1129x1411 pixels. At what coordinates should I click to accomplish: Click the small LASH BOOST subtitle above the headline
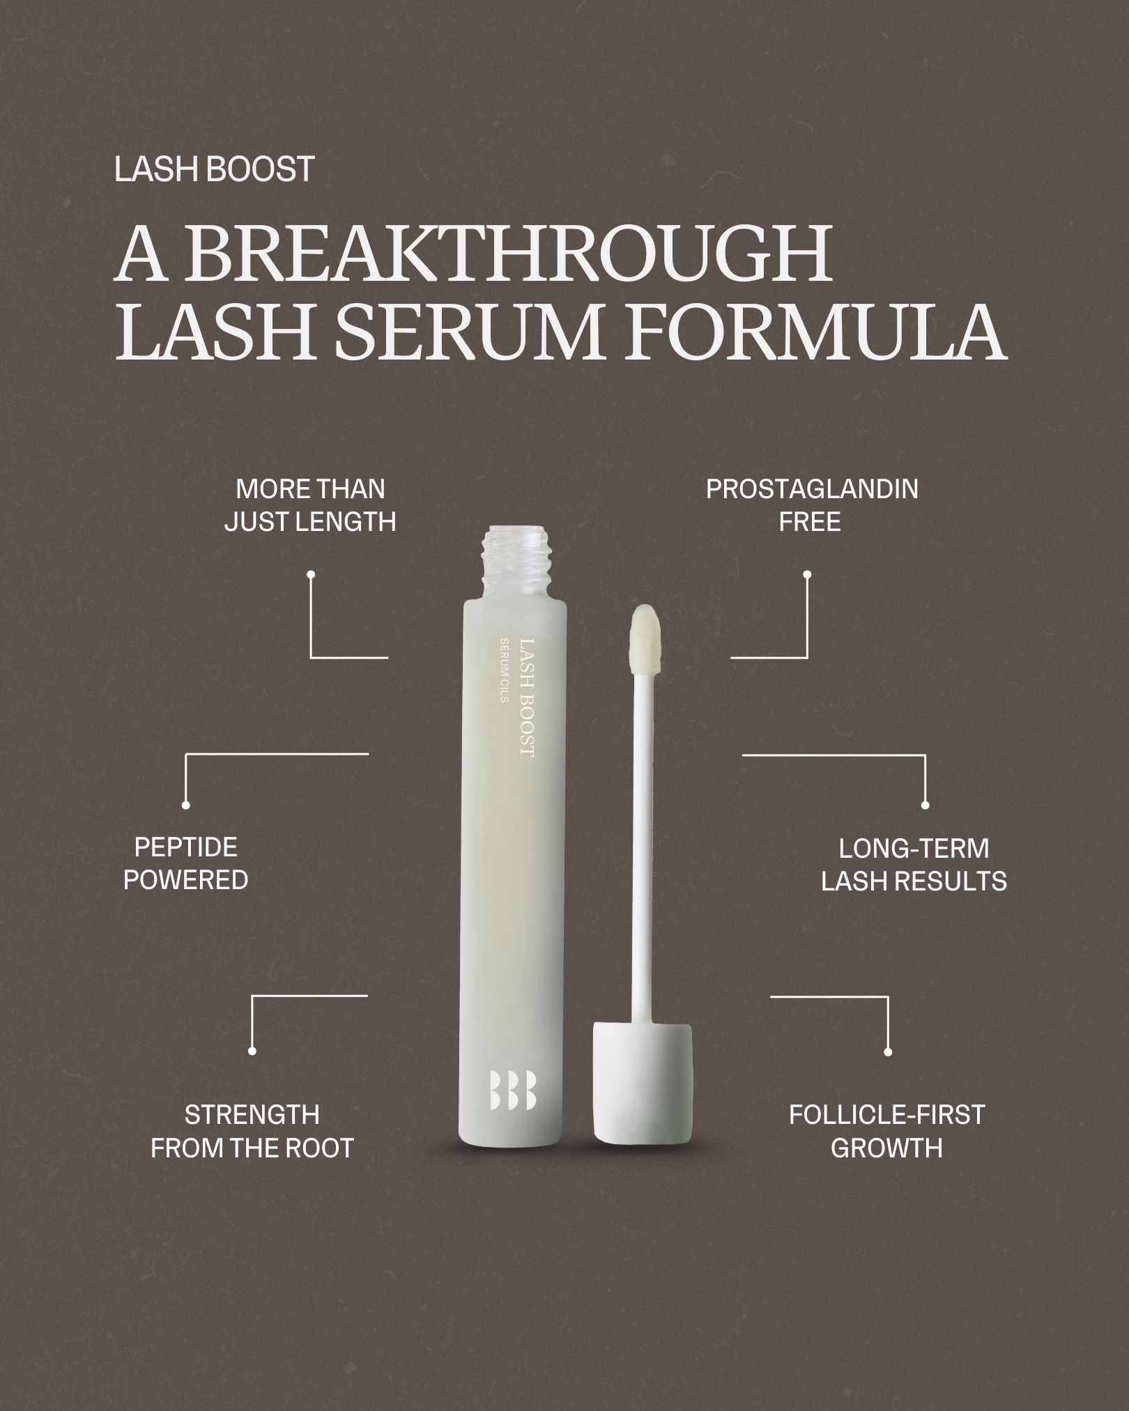point(215,170)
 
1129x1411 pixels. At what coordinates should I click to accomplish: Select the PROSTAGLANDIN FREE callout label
point(812,505)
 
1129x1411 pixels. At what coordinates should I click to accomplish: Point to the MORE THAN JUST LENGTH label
point(310,505)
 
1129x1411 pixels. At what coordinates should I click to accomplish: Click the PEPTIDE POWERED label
point(186,863)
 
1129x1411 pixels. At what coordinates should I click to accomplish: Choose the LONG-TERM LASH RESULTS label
point(914,865)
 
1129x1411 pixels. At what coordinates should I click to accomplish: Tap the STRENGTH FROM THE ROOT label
point(252,1132)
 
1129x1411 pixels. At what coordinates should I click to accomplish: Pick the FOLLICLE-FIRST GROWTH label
point(886,1132)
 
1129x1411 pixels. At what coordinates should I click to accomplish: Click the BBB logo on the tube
point(513,1089)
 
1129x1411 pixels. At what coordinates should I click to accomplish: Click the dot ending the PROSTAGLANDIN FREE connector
point(807,575)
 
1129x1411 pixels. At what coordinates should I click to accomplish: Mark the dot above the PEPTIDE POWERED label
point(185,805)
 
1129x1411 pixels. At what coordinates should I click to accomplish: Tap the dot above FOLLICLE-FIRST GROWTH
point(888,1052)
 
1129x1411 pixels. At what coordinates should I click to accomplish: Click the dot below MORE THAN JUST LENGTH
point(311,575)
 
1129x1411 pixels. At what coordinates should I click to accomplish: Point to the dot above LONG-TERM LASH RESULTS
point(926,805)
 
